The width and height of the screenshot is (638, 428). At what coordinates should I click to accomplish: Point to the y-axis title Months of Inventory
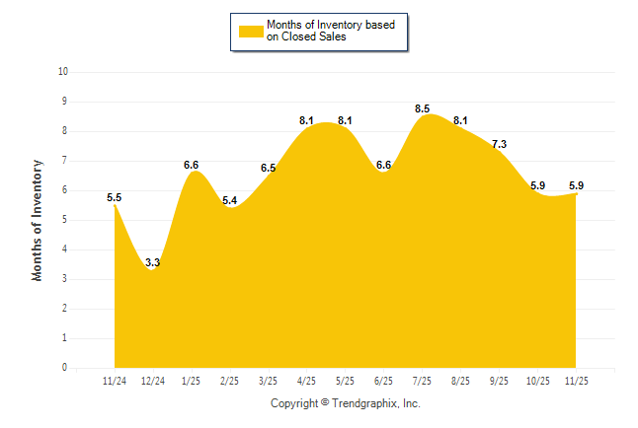pos(38,220)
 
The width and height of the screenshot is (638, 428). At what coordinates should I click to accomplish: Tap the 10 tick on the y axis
pos(63,72)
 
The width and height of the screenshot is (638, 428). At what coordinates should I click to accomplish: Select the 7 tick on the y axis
pos(65,161)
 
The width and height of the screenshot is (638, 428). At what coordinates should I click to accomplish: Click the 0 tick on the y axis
pos(65,368)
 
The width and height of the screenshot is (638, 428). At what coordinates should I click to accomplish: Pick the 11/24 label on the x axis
pos(115,380)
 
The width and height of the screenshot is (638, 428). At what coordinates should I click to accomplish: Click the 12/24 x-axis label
pos(153,380)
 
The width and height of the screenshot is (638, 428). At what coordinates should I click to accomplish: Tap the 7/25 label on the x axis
pos(422,380)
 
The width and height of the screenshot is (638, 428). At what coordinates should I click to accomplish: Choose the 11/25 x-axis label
pos(576,380)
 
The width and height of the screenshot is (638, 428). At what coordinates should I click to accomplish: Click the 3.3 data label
pos(153,262)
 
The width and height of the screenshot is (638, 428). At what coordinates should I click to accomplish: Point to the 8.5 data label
pos(422,108)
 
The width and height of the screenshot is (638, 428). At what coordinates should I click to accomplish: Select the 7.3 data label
pos(499,144)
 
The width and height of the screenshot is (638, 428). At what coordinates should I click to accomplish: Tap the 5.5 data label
pos(115,197)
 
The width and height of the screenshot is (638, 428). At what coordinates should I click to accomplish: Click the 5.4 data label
pos(230,200)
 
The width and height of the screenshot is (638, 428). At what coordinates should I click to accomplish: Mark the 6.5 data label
pos(268,168)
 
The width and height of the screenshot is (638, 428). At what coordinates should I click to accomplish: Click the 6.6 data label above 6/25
pos(383,165)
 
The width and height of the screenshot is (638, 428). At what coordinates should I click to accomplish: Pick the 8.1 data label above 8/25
pos(460,120)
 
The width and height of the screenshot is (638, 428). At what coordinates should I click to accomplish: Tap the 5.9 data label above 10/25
pos(537,185)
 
